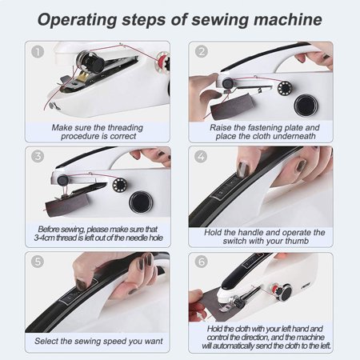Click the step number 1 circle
point(37,53)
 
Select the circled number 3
point(37,155)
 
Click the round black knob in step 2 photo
point(304,104)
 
